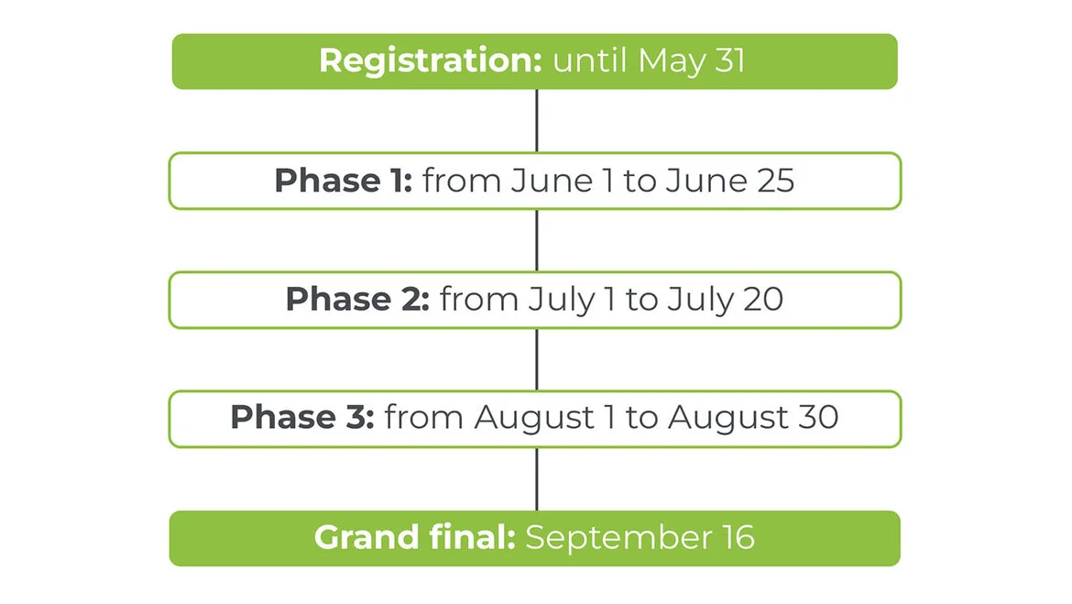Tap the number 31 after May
tap(730, 60)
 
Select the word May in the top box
tap(672, 62)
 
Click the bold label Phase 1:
tap(344, 181)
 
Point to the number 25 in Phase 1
tap(775, 181)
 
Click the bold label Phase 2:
tap(357, 299)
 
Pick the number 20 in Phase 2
tap(763, 300)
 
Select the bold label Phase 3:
tap(302, 417)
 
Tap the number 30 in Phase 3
tap(818, 418)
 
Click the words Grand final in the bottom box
tap(414, 538)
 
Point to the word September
tap(618, 539)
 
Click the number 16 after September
tap(738, 538)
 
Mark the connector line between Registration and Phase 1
tap(537, 120)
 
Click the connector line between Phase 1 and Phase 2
tap(537, 240)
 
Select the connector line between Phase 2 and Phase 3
tap(537, 359)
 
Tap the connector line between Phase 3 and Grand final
tap(537, 478)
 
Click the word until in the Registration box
tap(590, 60)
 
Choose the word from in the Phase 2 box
tap(479, 300)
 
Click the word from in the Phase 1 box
tap(462, 181)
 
